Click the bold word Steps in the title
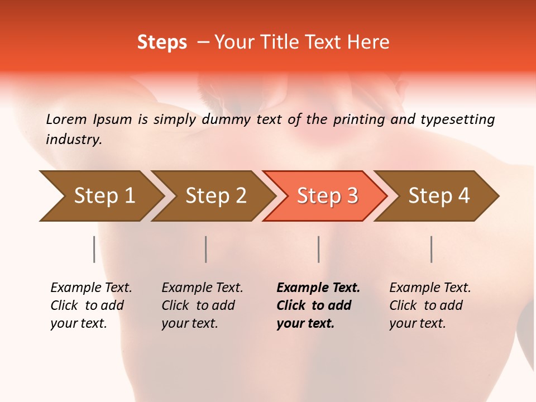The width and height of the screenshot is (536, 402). pyautogui.click(x=162, y=42)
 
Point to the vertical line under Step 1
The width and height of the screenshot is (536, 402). pyautogui.click(x=94, y=249)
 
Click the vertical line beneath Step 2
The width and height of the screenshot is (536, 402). pyautogui.click(x=206, y=249)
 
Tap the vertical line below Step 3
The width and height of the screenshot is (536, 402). pyautogui.click(x=319, y=249)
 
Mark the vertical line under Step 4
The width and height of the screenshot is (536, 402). pyautogui.click(x=432, y=249)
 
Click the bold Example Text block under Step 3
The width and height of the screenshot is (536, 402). pyautogui.click(x=318, y=305)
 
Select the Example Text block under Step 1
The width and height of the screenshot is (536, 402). pyautogui.click(x=91, y=305)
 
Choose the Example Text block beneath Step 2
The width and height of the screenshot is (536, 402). pyautogui.click(x=202, y=305)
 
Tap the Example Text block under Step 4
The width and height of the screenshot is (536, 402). pyautogui.click(x=430, y=305)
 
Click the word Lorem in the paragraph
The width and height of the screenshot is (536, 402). pyautogui.click(x=66, y=119)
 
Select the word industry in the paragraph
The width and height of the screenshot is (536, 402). pyautogui.click(x=73, y=140)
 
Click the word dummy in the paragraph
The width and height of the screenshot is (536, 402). pyautogui.click(x=227, y=119)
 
